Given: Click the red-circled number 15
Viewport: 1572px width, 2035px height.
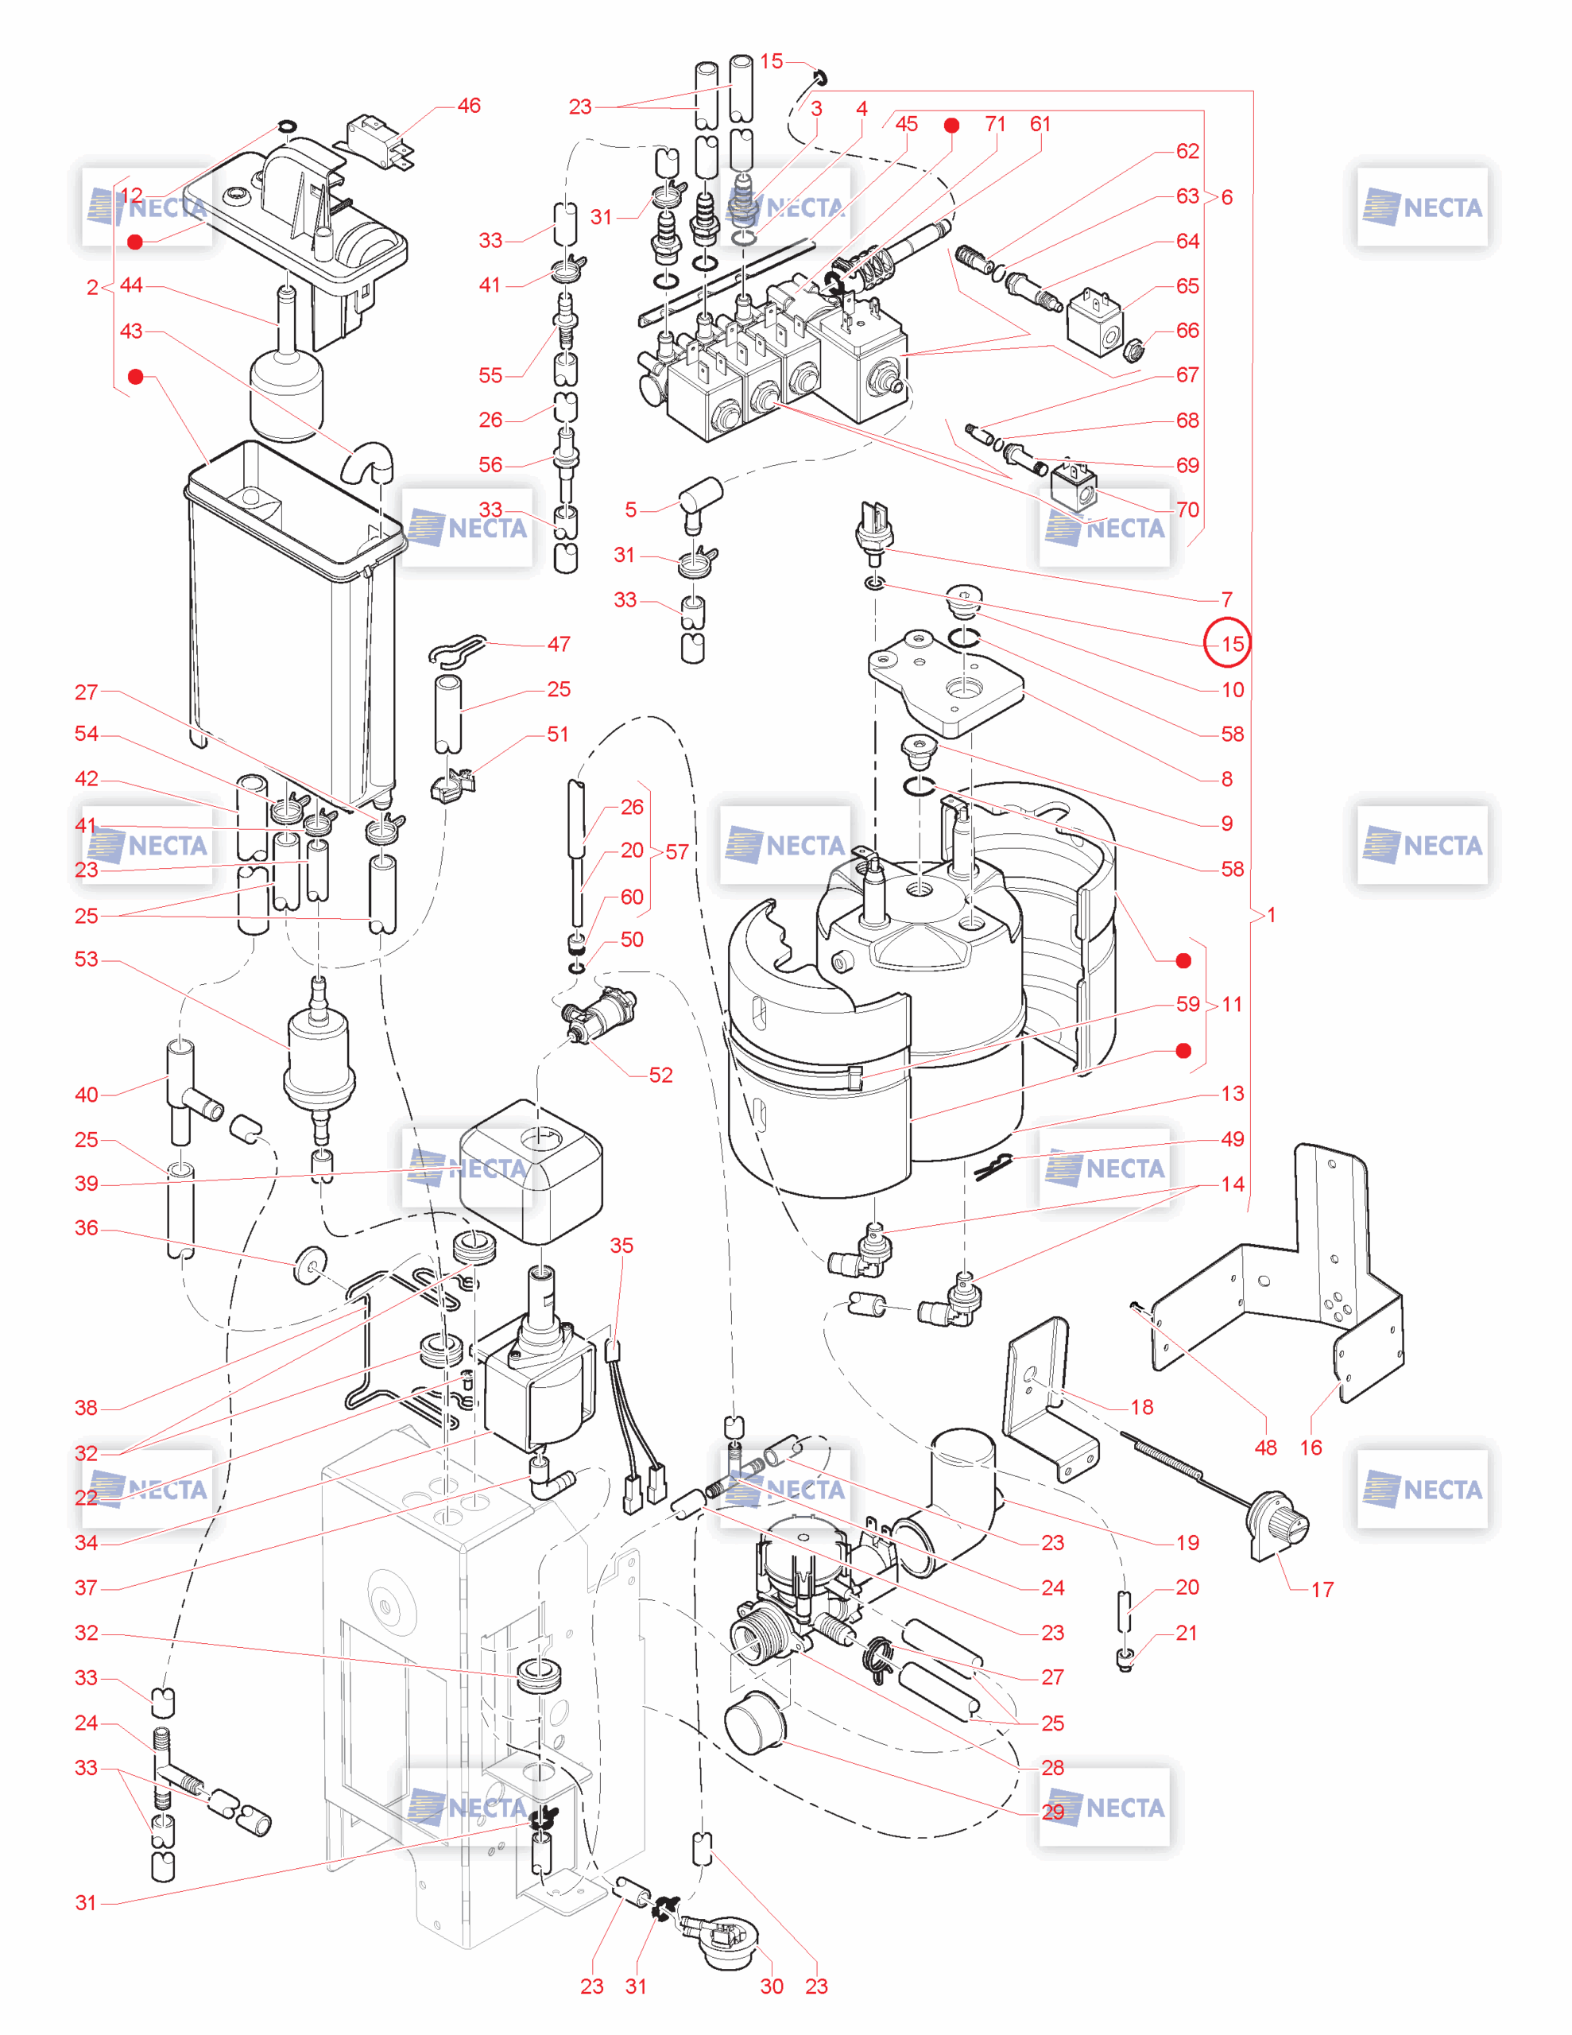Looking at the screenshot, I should (1232, 643).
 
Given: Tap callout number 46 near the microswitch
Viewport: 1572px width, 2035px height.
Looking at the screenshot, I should (469, 107).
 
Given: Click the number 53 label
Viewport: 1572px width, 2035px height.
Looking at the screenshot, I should (86, 959).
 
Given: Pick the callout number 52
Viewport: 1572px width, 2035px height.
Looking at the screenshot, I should (660, 1075).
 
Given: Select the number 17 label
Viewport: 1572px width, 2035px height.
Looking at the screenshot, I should (1322, 1590).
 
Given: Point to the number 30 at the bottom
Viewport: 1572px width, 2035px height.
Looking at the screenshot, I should (772, 1986).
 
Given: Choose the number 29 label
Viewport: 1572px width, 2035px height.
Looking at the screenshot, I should (1053, 1812).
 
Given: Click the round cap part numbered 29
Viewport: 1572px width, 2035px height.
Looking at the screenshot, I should (755, 1726).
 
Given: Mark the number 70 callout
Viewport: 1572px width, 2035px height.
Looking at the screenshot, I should (1187, 510).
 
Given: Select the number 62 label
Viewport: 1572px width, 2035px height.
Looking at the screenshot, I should (1187, 151).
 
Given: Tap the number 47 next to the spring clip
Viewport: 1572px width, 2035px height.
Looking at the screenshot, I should (558, 644).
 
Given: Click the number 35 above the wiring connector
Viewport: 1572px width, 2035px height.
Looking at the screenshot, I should (621, 1246).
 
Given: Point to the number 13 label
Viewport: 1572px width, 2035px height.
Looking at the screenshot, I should (1232, 1093).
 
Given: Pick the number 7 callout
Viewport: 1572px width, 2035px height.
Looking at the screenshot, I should (1226, 599).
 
